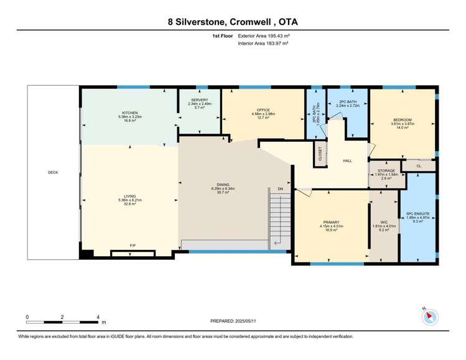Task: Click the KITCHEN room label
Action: click(x=129, y=113)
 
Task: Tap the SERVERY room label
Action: click(x=199, y=99)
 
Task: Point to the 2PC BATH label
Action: click(x=347, y=101)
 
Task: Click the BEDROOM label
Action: click(x=401, y=119)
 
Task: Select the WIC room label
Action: click(x=383, y=222)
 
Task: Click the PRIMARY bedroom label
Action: click(x=330, y=222)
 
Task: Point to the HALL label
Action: click(x=347, y=160)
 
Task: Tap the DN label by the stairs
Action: click(x=281, y=188)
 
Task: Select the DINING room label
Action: click(x=223, y=185)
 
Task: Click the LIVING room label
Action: click(x=129, y=195)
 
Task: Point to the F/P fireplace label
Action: click(x=133, y=246)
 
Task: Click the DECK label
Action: click(x=53, y=172)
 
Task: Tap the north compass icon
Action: click(x=429, y=316)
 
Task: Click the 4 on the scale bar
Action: click(x=98, y=317)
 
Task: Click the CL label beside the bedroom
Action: click(x=418, y=165)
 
